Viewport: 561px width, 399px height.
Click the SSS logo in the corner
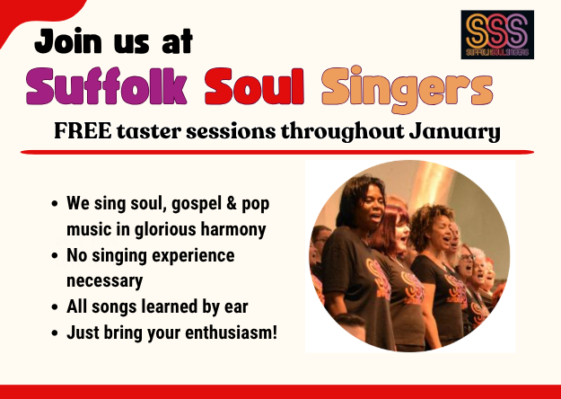point(496,35)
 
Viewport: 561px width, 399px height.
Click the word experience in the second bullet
point(192,255)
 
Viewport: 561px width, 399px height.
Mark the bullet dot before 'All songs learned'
point(56,307)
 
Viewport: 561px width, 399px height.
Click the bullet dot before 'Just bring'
point(56,332)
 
